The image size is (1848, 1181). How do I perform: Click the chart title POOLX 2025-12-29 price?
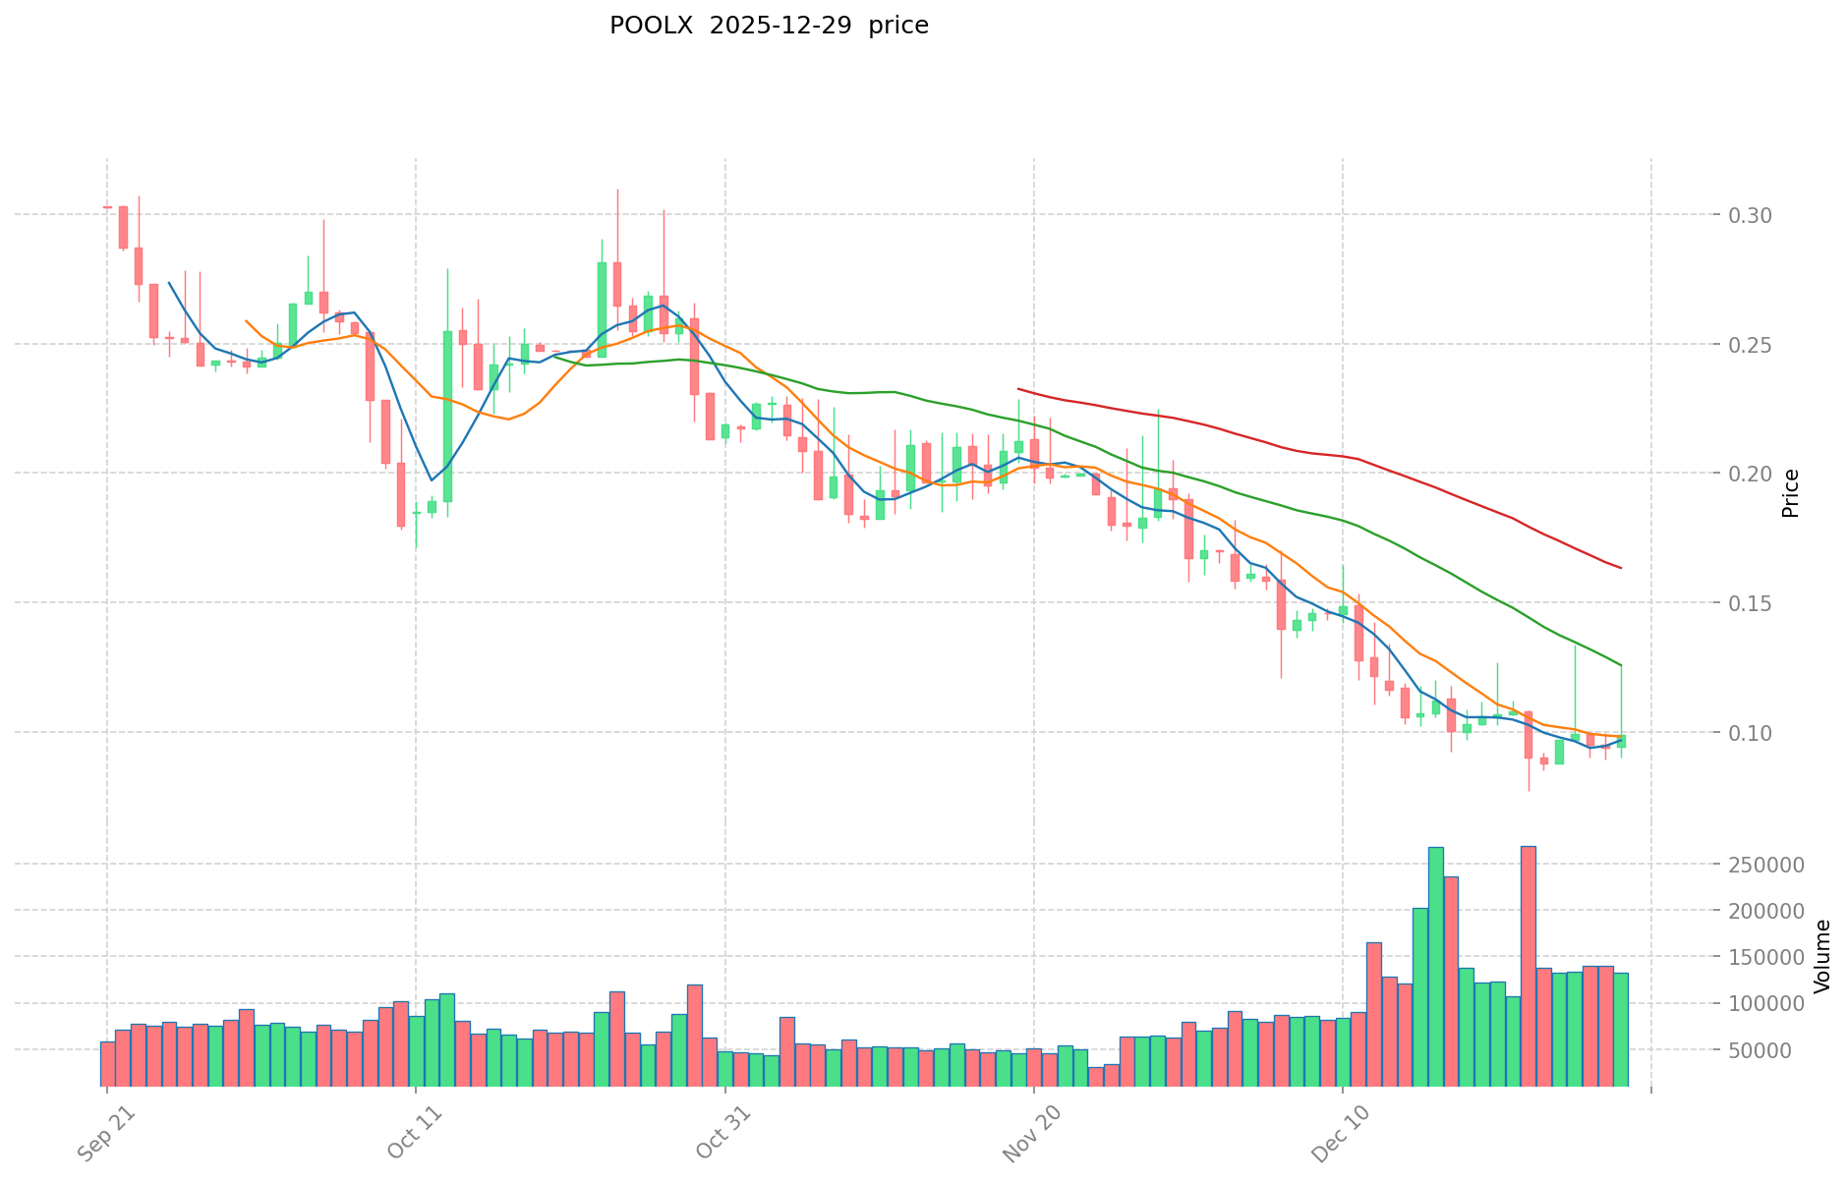tap(769, 26)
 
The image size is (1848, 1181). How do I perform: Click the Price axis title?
tap(1791, 493)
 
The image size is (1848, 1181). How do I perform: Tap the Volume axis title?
tap(1822, 956)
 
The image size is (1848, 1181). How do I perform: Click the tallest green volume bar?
tap(1435, 966)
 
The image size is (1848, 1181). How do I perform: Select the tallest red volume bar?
tap(1528, 966)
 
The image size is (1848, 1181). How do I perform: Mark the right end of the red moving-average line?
tap(1621, 568)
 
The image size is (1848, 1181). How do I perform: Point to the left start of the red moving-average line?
tap(1018, 389)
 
